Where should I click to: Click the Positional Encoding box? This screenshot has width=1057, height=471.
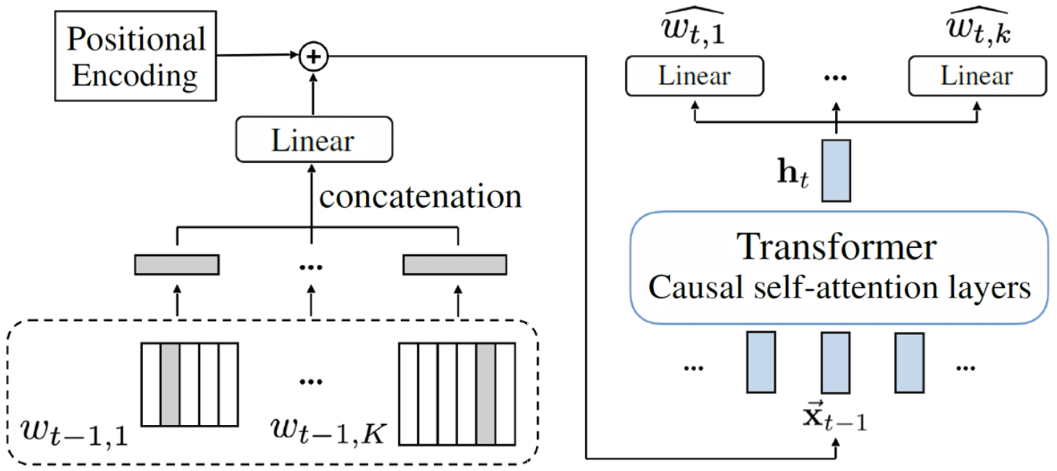(x=135, y=56)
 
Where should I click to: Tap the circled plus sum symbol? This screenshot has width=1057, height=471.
(x=314, y=56)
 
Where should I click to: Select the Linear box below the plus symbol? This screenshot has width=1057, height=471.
(x=314, y=140)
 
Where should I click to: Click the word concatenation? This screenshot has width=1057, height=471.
(x=420, y=197)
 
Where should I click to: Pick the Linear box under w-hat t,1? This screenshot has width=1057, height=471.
(x=695, y=76)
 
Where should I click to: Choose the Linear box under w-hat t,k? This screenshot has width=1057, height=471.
(x=977, y=76)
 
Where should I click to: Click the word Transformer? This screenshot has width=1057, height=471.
(x=836, y=246)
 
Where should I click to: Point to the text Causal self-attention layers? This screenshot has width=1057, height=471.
(x=840, y=287)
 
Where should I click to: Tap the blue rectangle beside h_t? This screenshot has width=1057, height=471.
(x=836, y=170)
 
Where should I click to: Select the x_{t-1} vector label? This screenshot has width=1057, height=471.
(x=834, y=417)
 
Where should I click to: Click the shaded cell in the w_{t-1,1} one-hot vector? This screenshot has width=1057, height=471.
(x=170, y=385)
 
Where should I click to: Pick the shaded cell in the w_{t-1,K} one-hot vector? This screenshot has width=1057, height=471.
(x=485, y=394)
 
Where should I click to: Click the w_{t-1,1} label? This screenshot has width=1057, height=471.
(x=74, y=432)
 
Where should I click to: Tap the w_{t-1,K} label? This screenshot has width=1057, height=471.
(x=329, y=430)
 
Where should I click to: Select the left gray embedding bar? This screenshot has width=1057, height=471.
(x=177, y=265)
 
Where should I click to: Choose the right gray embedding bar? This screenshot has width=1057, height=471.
(x=455, y=265)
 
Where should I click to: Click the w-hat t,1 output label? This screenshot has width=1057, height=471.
(x=692, y=27)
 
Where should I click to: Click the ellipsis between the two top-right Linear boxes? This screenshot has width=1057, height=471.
(x=835, y=78)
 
